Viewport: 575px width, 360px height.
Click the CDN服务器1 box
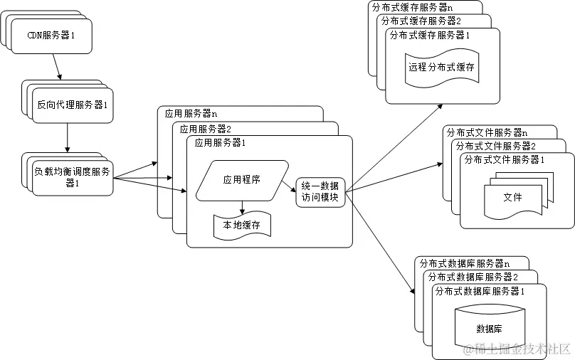(x=51, y=35)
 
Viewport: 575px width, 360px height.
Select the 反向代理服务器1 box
(x=72, y=105)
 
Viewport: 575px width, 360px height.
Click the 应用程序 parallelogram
(x=242, y=180)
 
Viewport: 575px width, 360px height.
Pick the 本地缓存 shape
(x=242, y=226)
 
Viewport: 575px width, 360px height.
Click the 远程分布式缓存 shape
(x=441, y=68)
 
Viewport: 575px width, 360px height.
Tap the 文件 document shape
(x=512, y=197)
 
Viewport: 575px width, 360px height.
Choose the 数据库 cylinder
(x=489, y=328)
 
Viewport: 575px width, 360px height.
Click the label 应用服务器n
(x=191, y=113)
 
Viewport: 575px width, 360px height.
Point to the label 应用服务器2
(x=206, y=129)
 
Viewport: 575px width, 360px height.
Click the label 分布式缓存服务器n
(x=411, y=7)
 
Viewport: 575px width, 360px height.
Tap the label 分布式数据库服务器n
(x=461, y=263)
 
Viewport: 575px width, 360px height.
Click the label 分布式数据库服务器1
(x=480, y=291)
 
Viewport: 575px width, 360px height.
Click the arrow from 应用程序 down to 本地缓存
(x=242, y=206)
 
